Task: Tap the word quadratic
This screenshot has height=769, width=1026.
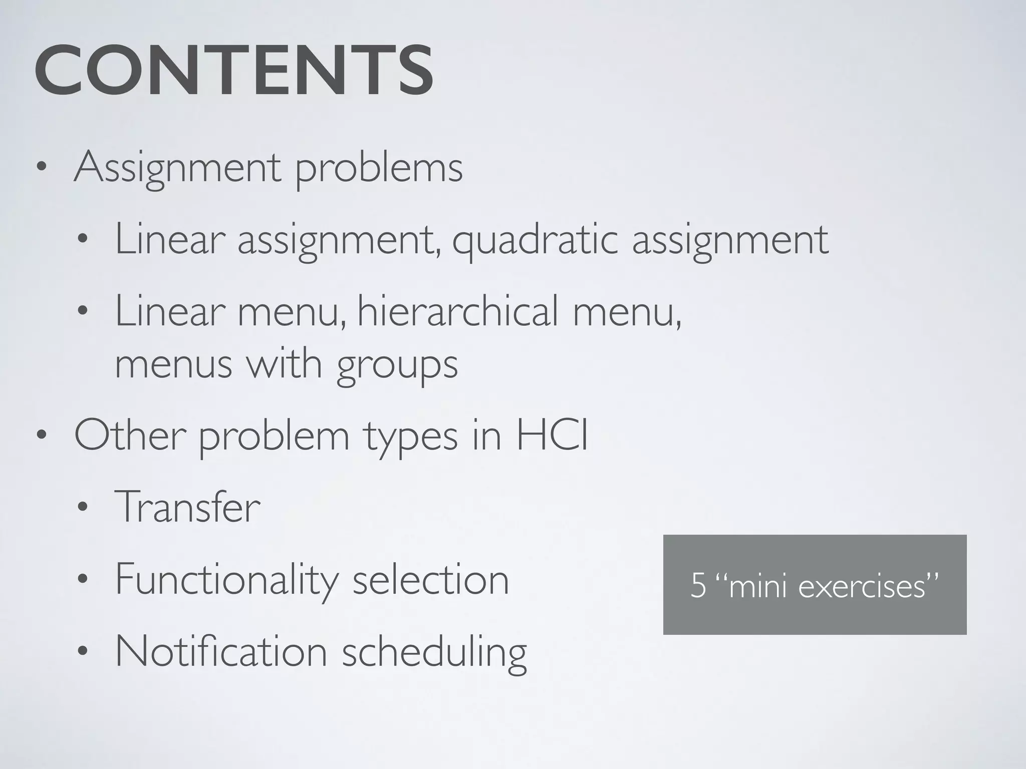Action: (535, 240)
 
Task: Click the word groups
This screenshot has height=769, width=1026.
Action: (397, 365)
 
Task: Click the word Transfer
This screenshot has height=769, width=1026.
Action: (187, 507)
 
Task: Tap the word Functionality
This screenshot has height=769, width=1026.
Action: (227, 580)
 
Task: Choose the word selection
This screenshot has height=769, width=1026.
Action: (431, 580)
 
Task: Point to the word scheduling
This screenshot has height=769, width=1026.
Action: (434, 653)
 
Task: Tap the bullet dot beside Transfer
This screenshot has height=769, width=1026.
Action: (83, 508)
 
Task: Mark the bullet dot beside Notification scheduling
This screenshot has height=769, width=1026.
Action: (83, 652)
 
